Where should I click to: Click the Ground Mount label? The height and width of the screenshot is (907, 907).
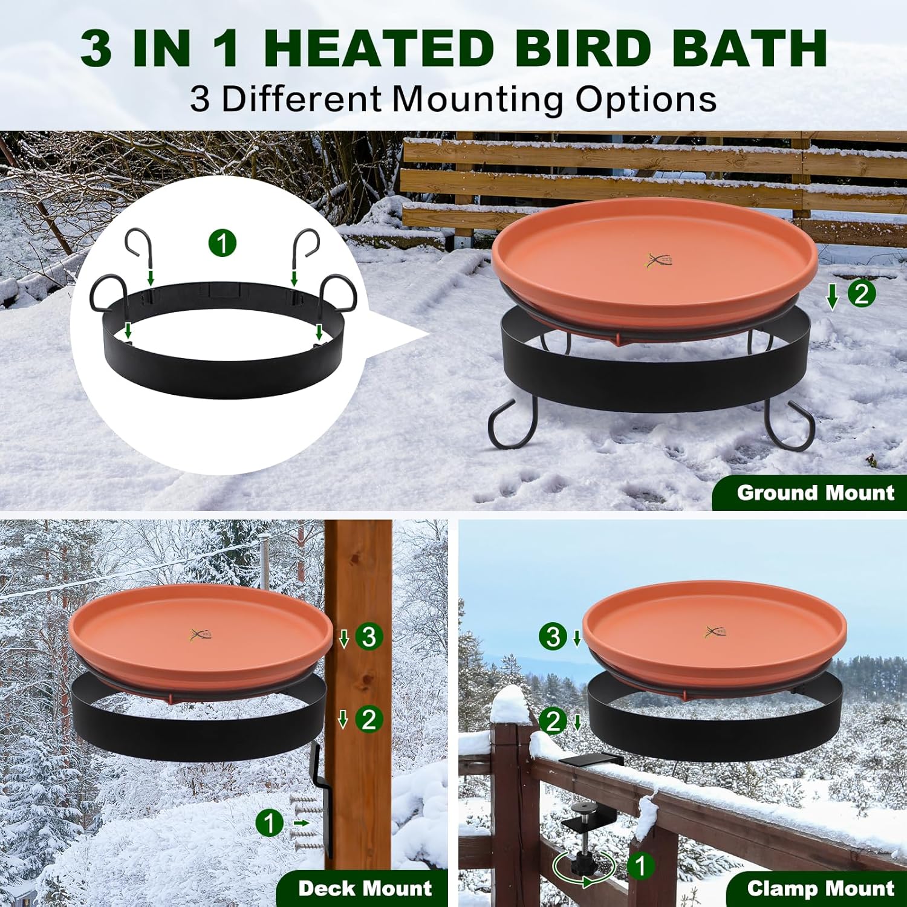pyautogui.click(x=814, y=493)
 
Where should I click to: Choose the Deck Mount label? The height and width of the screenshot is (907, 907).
pyautogui.click(x=365, y=888)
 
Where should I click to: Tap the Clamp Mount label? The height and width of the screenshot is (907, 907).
pyautogui.click(x=820, y=888)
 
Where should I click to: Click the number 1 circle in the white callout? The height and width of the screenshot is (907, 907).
pyautogui.click(x=223, y=244)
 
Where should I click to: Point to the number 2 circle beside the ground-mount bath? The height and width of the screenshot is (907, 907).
pyautogui.click(x=861, y=294)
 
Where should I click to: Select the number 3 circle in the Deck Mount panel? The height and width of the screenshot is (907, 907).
pyautogui.click(x=369, y=637)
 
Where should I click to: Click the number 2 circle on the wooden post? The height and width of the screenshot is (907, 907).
pyautogui.click(x=369, y=720)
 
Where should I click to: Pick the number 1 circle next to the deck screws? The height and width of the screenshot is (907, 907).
pyautogui.click(x=270, y=823)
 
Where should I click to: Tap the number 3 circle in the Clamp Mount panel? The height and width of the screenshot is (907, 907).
pyautogui.click(x=553, y=637)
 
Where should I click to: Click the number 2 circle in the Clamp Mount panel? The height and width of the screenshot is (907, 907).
pyautogui.click(x=553, y=721)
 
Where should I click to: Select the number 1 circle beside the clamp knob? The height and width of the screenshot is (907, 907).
pyautogui.click(x=641, y=866)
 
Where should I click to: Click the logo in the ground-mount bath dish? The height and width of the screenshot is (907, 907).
pyautogui.click(x=658, y=261)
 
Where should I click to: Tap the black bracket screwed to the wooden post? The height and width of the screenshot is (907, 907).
pyautogui.click(x=323, y=798)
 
